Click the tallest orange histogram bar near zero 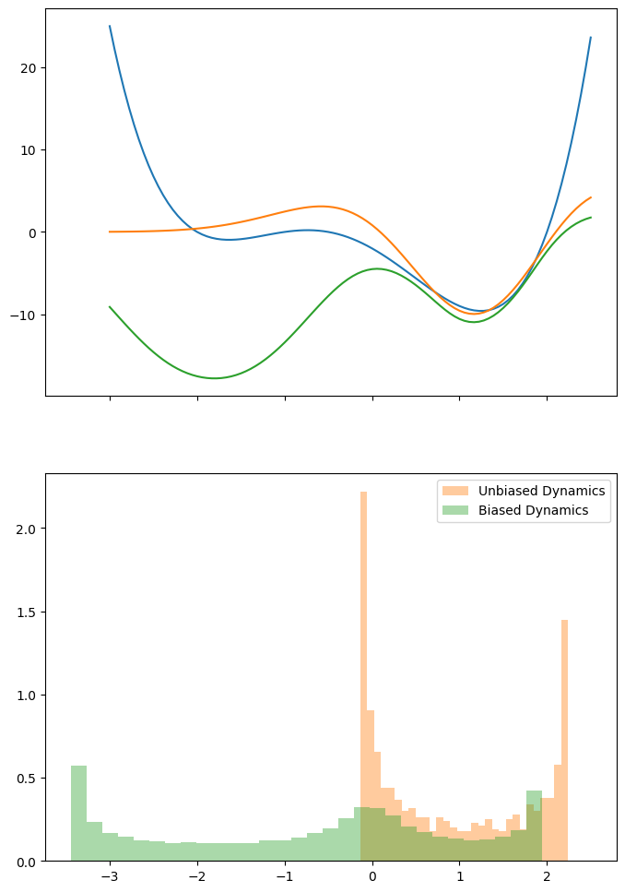click(x=364, y=646)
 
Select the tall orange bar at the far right click(x=564, y=738)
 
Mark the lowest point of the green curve click(x=215, y=378)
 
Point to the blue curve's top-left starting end click(x=110, y=26)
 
